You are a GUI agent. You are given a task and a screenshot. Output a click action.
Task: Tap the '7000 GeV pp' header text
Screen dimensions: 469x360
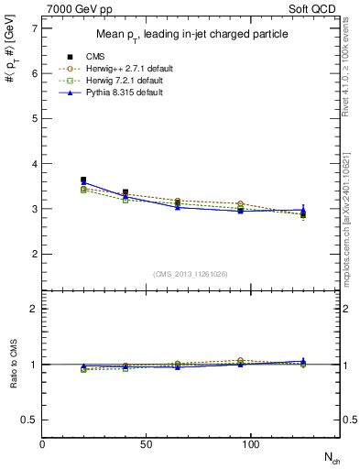click(74, 9)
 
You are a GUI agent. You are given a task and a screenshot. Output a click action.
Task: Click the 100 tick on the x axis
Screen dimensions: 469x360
click(251, 443)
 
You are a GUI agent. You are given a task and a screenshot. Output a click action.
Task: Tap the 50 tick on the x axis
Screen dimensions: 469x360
click(147, 443)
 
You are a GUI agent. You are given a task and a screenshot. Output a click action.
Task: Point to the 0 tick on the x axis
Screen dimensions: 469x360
click(42, 443)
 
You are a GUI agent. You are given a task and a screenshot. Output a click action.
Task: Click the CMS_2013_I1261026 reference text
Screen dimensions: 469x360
click(191, 274)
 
